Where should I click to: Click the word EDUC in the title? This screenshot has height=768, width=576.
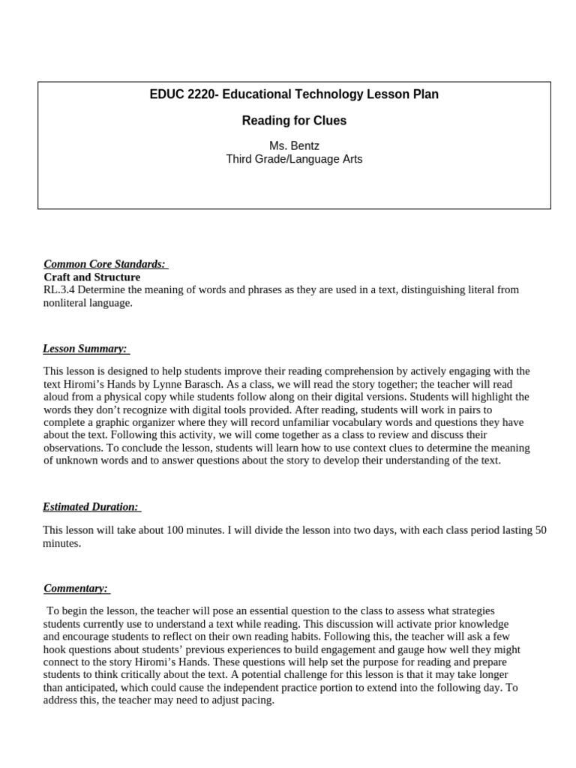[166, 94]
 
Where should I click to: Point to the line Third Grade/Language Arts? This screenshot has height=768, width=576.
[294, 159]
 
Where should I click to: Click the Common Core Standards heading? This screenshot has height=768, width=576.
[106, 264]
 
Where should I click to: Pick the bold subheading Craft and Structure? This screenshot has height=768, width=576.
[91, 277]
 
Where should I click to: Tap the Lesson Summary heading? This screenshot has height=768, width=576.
[85, 349]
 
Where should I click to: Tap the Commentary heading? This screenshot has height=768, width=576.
[76, 589]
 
